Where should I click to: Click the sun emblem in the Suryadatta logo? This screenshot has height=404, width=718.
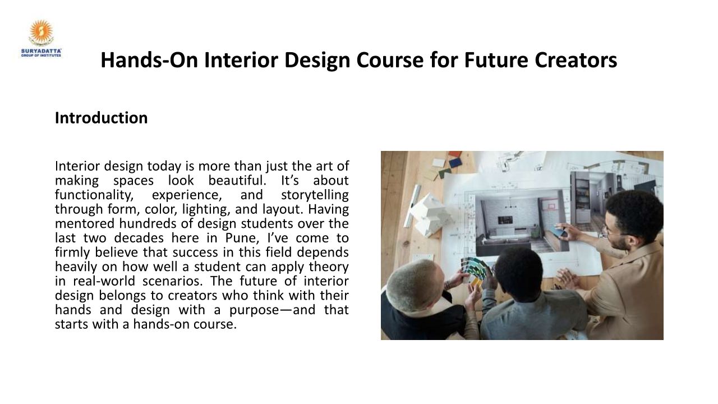click(x=41, y=31)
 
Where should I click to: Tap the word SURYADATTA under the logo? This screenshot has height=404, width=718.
click(x=41, y=51)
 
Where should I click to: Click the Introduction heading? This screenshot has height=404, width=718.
click(x=102, y=118)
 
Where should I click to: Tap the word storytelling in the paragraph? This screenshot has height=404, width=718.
click(x=315, y=195)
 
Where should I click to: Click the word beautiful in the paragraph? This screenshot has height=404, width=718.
click(x=237, y=181)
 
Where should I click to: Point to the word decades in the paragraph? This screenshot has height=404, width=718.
click(x=139, y=238)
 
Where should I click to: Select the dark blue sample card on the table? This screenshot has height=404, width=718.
click(x=455, y=162)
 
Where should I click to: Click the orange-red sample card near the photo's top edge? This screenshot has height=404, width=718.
click(x=455, y=154)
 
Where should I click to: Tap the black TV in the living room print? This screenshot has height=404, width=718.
click(x=505, y=220)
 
